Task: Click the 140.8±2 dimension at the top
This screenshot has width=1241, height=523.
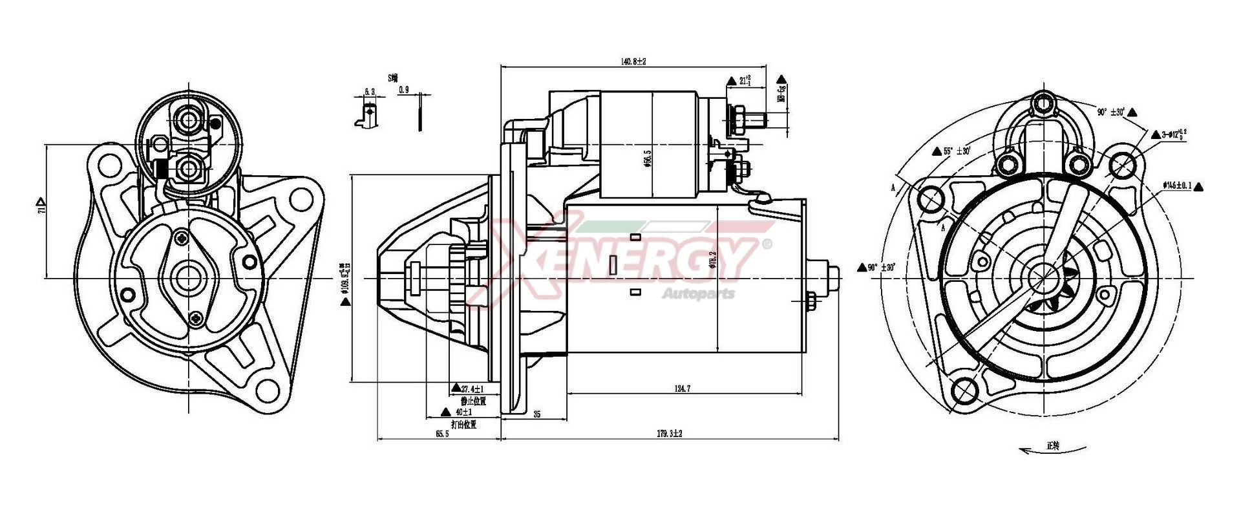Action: coord(633,61)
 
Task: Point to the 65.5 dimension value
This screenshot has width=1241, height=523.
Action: coord(441,434)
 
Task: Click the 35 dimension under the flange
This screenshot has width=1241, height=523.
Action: coord(536,414)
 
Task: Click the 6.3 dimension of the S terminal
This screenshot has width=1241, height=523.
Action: coord(369,92)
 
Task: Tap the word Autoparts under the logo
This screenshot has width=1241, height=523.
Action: coord(698,294)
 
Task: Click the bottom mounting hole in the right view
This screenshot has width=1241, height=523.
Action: coord(965,389)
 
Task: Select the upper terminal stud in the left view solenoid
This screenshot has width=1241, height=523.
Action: coord(191,119)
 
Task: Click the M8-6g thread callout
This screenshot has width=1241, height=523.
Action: coord(781,94)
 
